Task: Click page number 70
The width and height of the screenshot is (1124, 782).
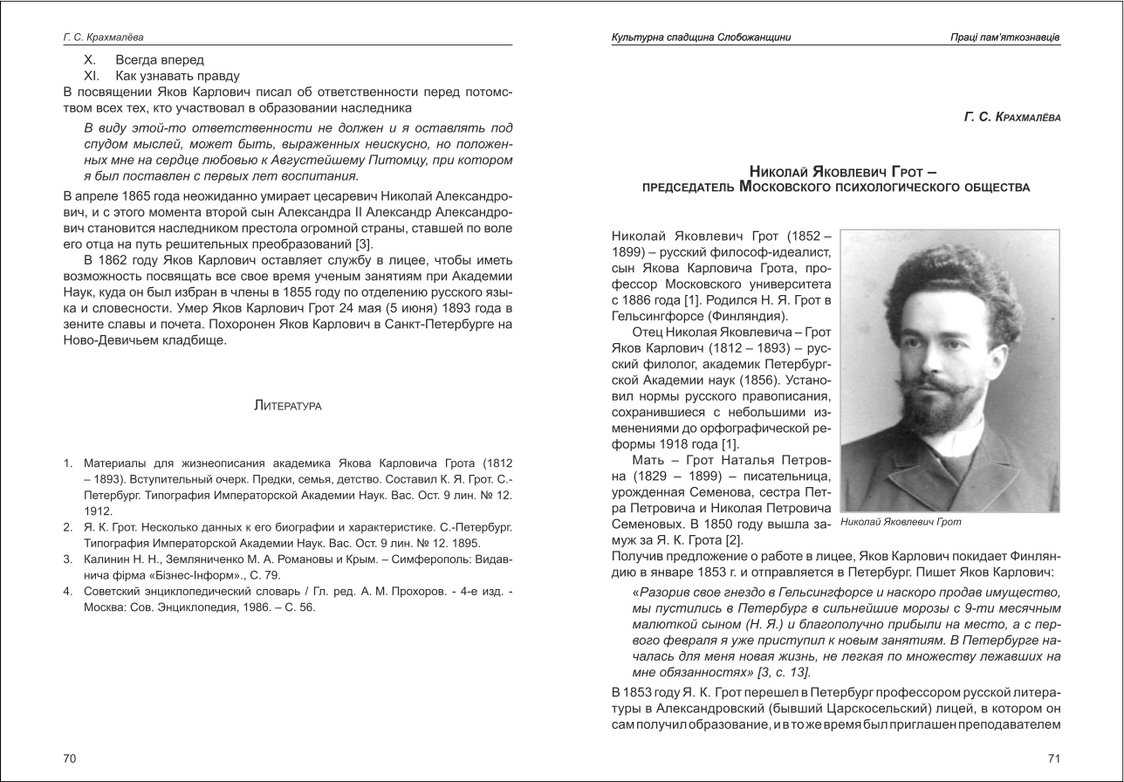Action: (x=70, y=758)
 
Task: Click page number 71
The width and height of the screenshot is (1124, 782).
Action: (x=1053, y=758)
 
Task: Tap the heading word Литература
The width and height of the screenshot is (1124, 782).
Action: (x=288, y=406)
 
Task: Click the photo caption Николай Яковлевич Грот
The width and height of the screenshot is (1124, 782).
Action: (x=901, y=522)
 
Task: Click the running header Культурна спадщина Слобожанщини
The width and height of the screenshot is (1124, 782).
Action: (x=702, y=38)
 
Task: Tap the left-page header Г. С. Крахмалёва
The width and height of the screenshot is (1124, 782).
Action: (x=104, y=38)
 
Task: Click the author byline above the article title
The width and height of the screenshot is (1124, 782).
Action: (x=1012, y=117)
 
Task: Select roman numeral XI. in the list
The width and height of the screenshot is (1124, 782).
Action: (x=93, y=76)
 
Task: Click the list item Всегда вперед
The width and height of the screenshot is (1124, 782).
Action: (x=160, y=60)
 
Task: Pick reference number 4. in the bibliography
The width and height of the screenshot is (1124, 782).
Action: (x=67, y=591)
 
